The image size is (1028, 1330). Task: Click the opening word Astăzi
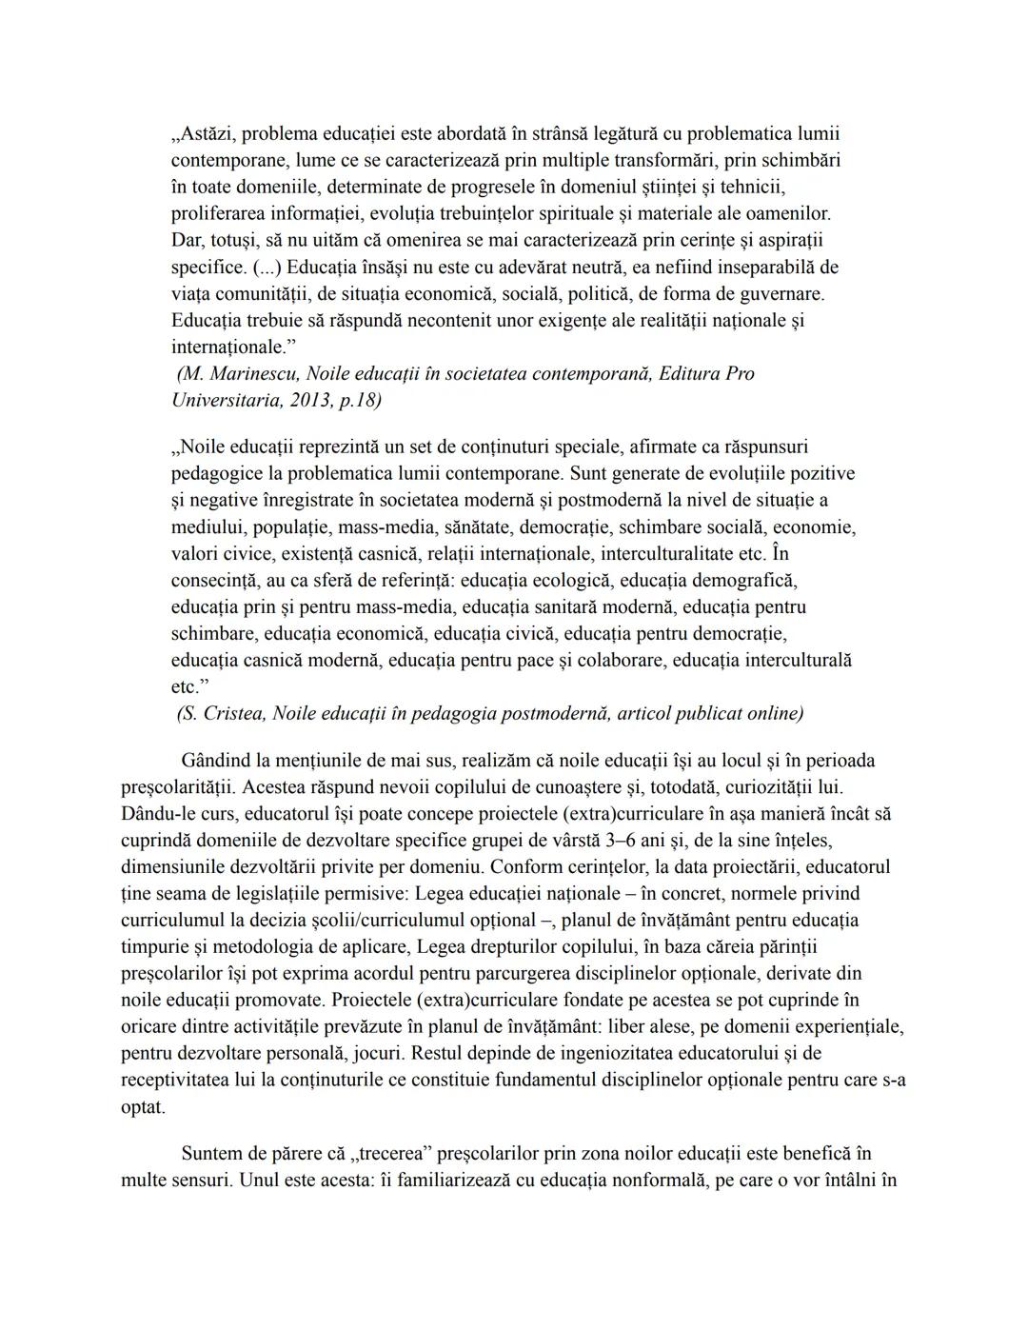[x=204, y=133]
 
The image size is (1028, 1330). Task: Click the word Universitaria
[x=225, y=400]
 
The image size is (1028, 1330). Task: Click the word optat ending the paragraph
[x=143, y=1107]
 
